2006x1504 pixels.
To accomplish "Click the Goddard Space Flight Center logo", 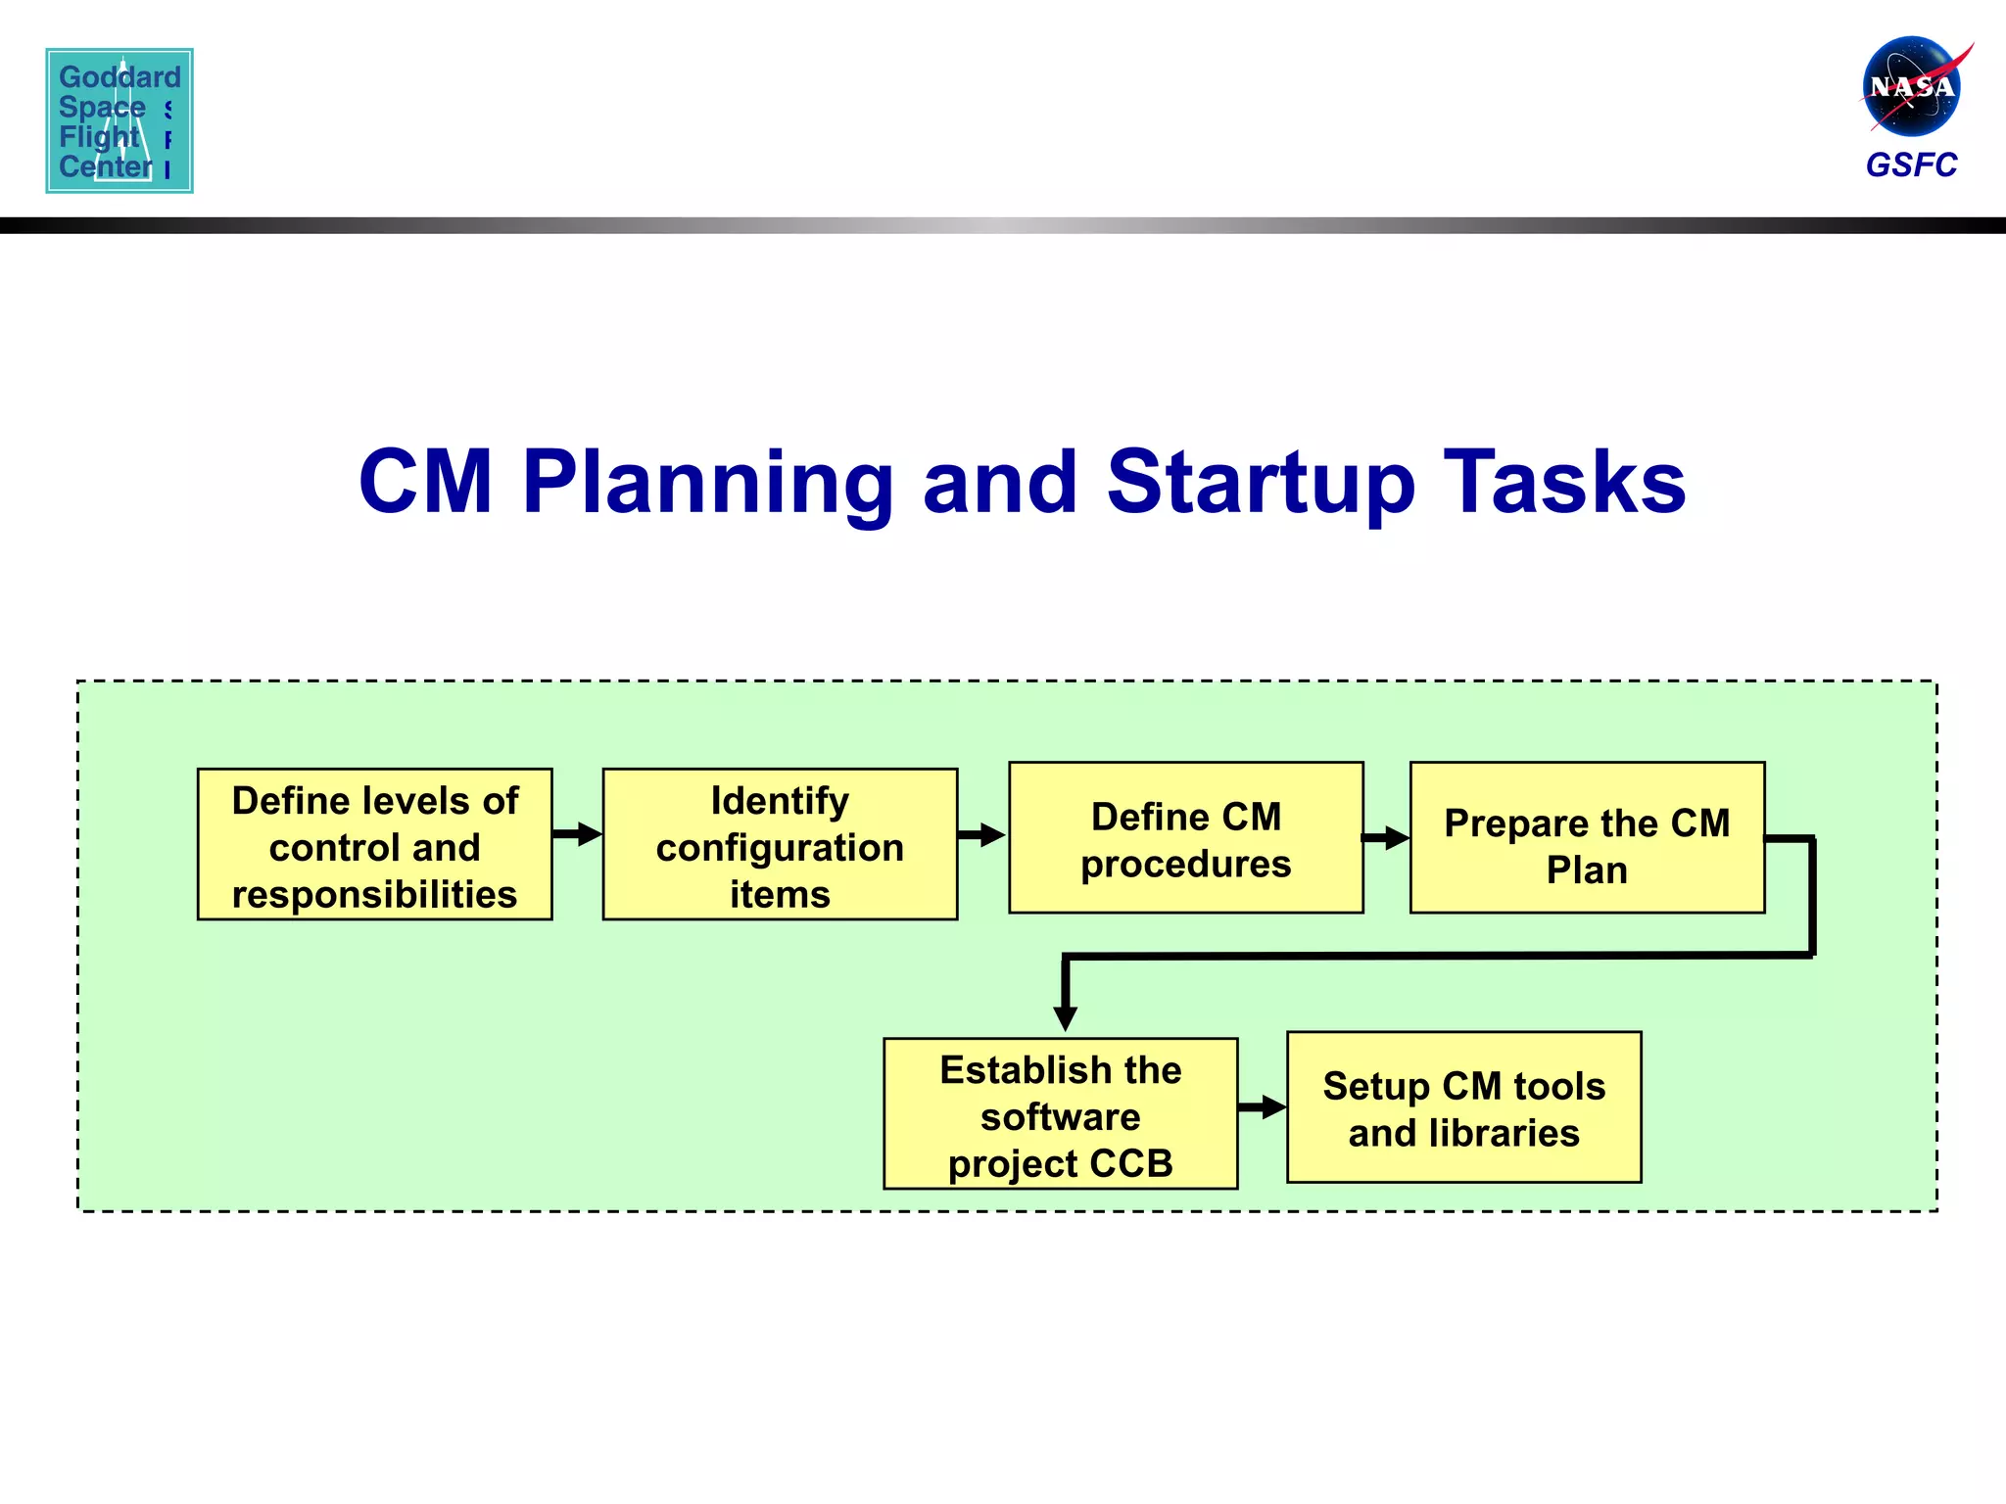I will [119, 120].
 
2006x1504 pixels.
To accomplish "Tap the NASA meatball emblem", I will [1911, 87].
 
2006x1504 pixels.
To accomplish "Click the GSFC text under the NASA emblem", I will [1911, 164].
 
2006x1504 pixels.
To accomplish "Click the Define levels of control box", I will [374, 844].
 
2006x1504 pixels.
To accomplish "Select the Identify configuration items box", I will [780, 844].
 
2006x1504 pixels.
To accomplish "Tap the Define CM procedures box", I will [1185, 838].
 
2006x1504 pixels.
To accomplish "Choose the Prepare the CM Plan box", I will [1587, 838].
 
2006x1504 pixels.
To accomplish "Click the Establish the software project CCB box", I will [1060, 1114].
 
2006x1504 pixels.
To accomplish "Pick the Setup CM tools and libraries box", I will [1463, 1107].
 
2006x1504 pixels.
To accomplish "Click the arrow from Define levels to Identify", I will [578, 834].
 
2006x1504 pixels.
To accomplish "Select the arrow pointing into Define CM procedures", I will [982, 835].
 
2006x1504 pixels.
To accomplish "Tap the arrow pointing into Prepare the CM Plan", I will [1387, 838].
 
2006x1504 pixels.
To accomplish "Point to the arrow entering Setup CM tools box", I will [1263, 1107].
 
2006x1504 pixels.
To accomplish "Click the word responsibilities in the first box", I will [374, 895].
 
